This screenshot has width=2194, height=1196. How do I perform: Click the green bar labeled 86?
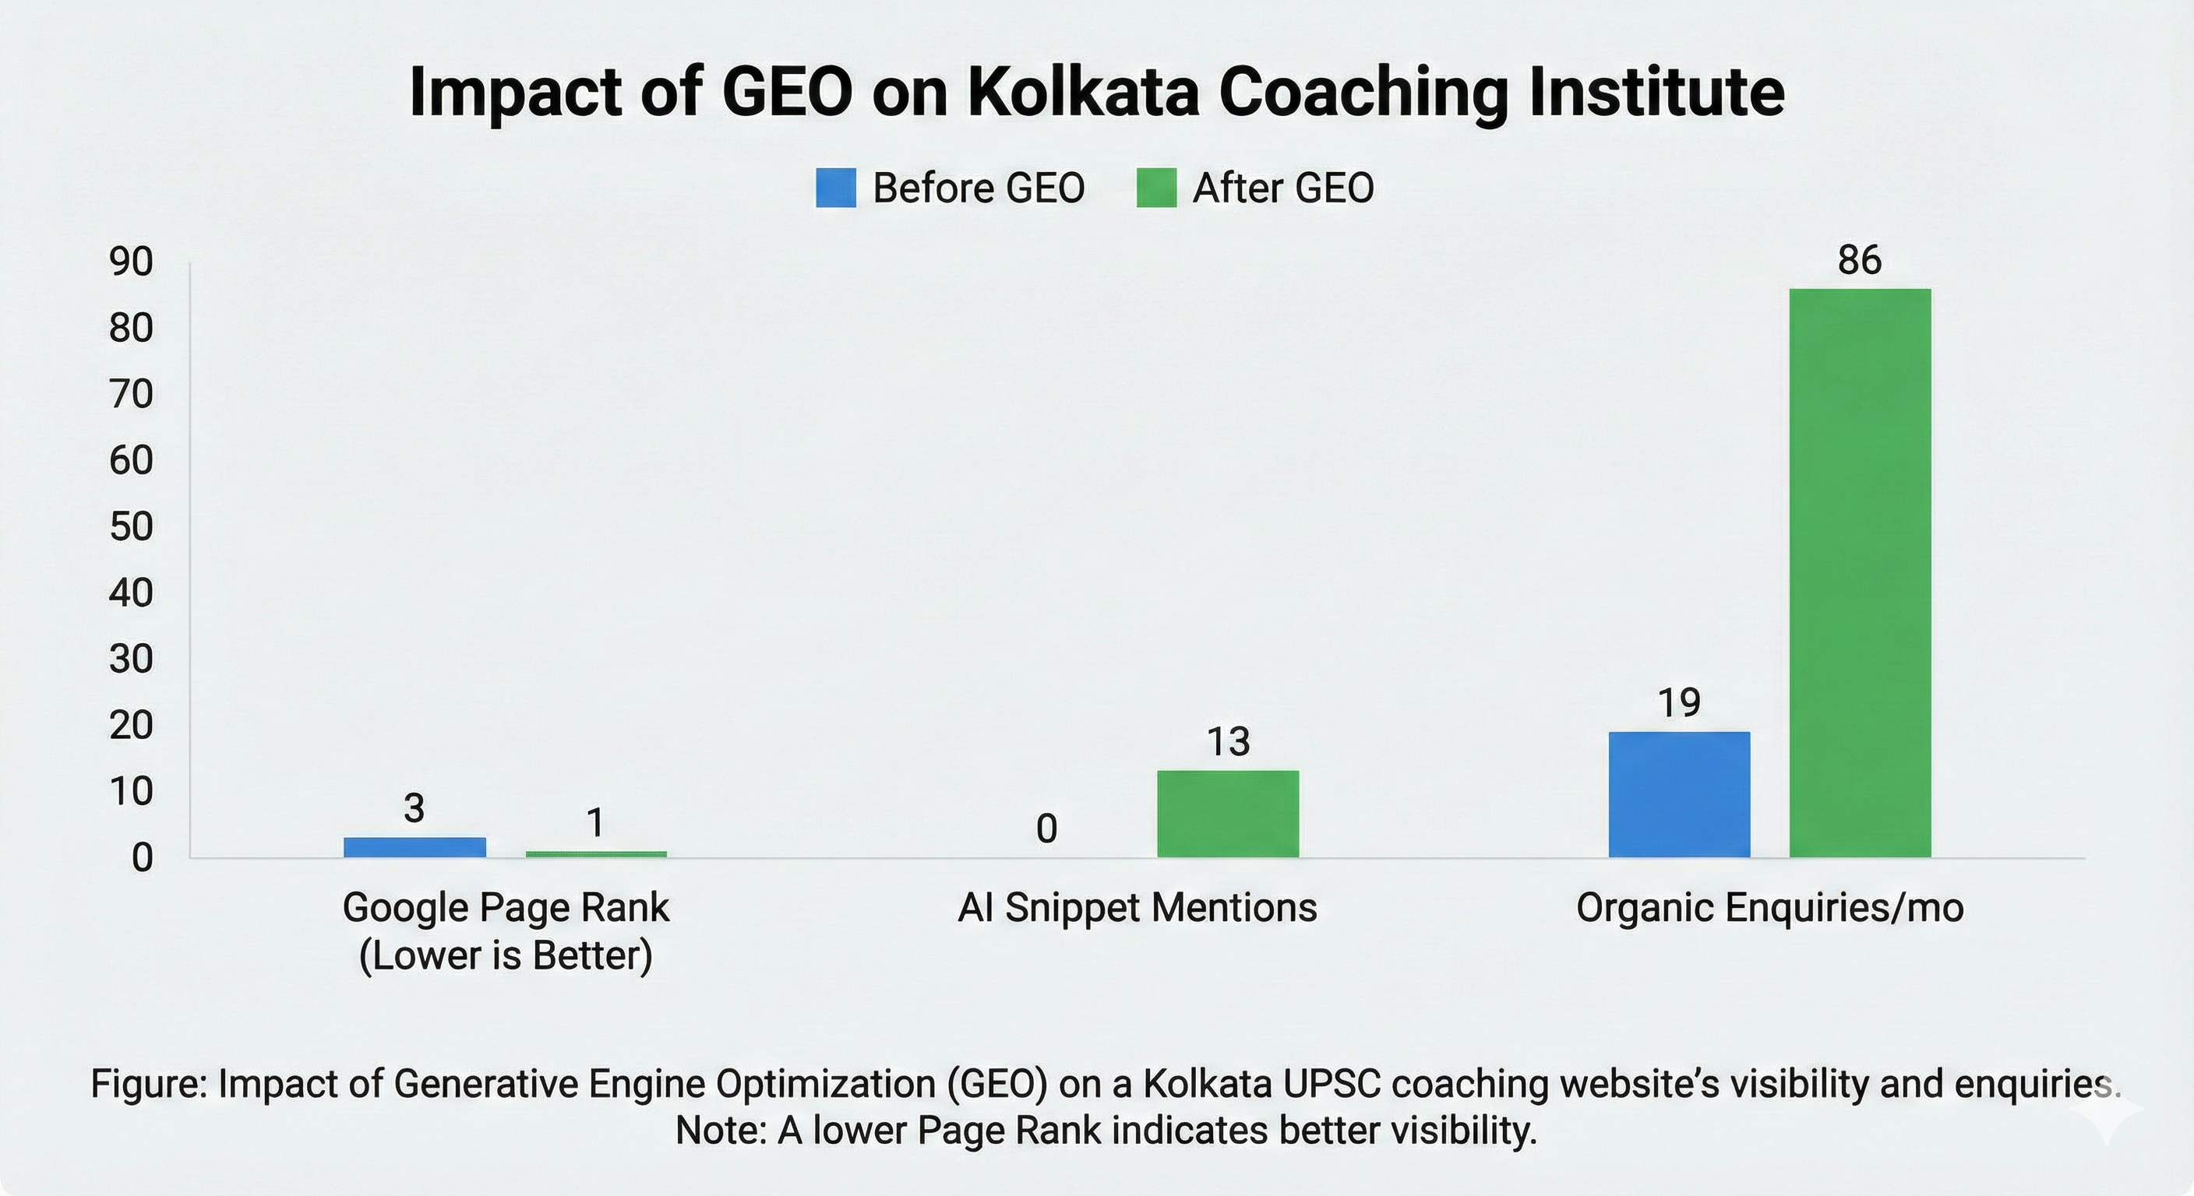[x=1859, y=572]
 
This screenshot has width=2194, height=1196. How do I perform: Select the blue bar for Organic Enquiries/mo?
[x=1679, y=793]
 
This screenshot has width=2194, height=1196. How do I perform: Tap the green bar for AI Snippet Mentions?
[x=1227, y=813]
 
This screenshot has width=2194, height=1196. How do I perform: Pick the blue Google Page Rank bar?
[x=414, y=847]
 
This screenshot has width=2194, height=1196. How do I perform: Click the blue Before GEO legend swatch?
[x=835, y=188]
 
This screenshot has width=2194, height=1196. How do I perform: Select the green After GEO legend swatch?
[x=1155, y=188]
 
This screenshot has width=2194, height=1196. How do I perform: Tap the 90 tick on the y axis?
[x=130, y=262]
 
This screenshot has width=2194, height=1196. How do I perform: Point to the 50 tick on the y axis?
[x=130, y=527]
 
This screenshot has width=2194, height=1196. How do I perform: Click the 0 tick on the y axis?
[x=141, y=858]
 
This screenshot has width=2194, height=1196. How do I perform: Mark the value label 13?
[x=1227, y=742]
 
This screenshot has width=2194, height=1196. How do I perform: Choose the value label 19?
[x=1679, y=703]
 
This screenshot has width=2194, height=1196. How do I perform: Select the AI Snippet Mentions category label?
[x=1137, y=907]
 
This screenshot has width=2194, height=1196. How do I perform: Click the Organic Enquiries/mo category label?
[x=1770, y=907]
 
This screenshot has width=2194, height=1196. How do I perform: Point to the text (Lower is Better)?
[x=506, y=955]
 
